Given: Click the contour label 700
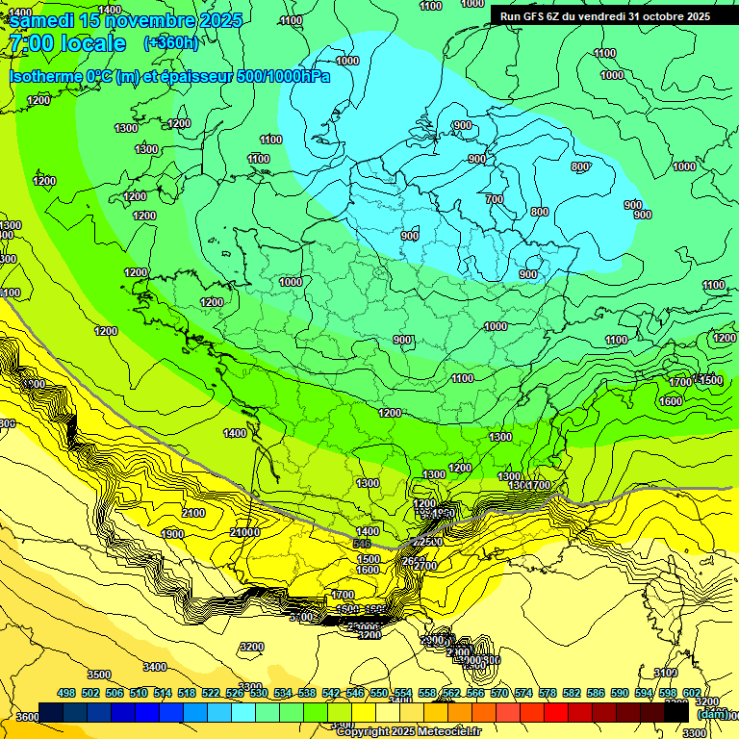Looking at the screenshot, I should pos(495,199).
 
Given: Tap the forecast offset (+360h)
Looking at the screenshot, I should pos(170,43).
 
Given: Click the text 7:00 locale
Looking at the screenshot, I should pos(66,43).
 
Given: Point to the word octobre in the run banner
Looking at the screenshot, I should pos(655,16).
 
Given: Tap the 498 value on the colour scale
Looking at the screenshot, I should pos(66,693).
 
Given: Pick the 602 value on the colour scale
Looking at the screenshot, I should pos(692,693).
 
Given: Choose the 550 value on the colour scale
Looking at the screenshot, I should pos(379,693).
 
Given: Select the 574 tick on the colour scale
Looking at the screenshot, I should pos(523,693).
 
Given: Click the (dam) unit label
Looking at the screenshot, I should pos(711,714).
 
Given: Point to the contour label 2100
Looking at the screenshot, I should pos(193,514).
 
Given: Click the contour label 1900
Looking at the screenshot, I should pos(172,534).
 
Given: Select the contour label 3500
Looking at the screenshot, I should pos(98,675).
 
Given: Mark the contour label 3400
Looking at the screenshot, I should pos(154,667).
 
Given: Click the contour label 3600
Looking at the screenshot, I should pos(27,717).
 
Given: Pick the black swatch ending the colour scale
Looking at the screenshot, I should pos(676,712).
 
